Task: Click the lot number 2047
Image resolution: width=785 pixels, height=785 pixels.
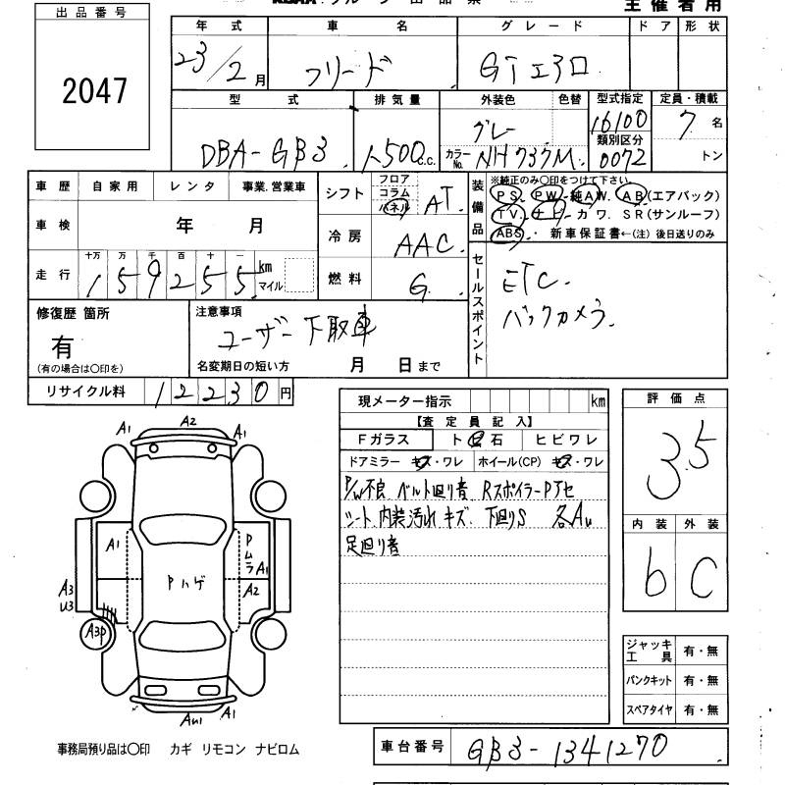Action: (x=94, y=90)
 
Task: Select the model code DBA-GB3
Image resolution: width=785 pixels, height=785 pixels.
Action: (x=263, y=153)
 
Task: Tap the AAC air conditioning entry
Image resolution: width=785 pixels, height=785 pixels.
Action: (x=422, y=244)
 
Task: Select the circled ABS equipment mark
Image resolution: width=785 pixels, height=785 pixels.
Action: (x=507, y=234)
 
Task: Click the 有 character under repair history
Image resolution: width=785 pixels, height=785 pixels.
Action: (x=62, y=346)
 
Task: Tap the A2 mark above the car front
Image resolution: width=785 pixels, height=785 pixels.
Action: (x=187, y=421)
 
